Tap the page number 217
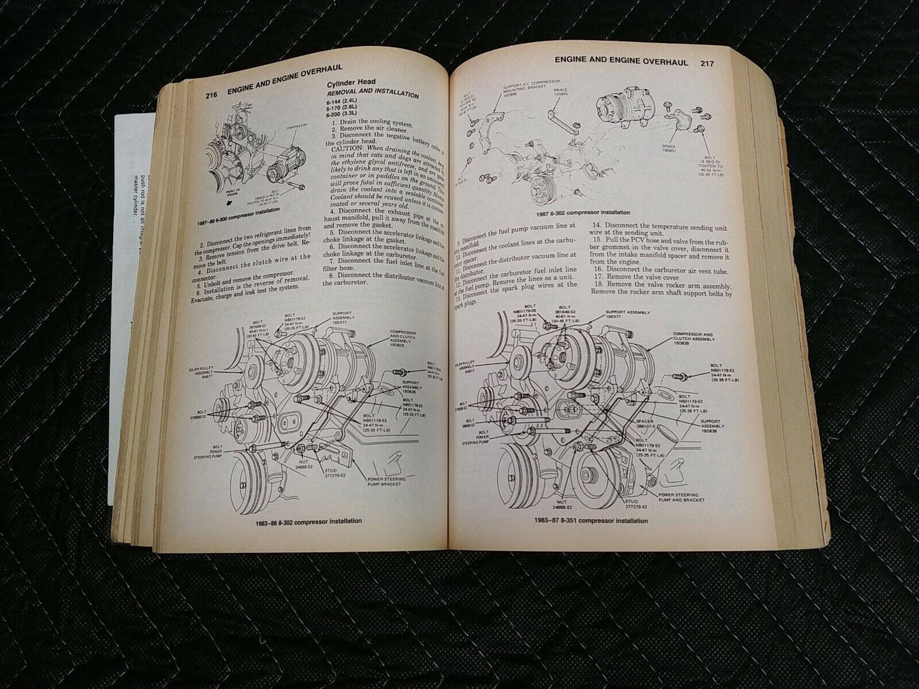[707, 63]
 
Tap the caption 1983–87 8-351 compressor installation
[591, 521]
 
